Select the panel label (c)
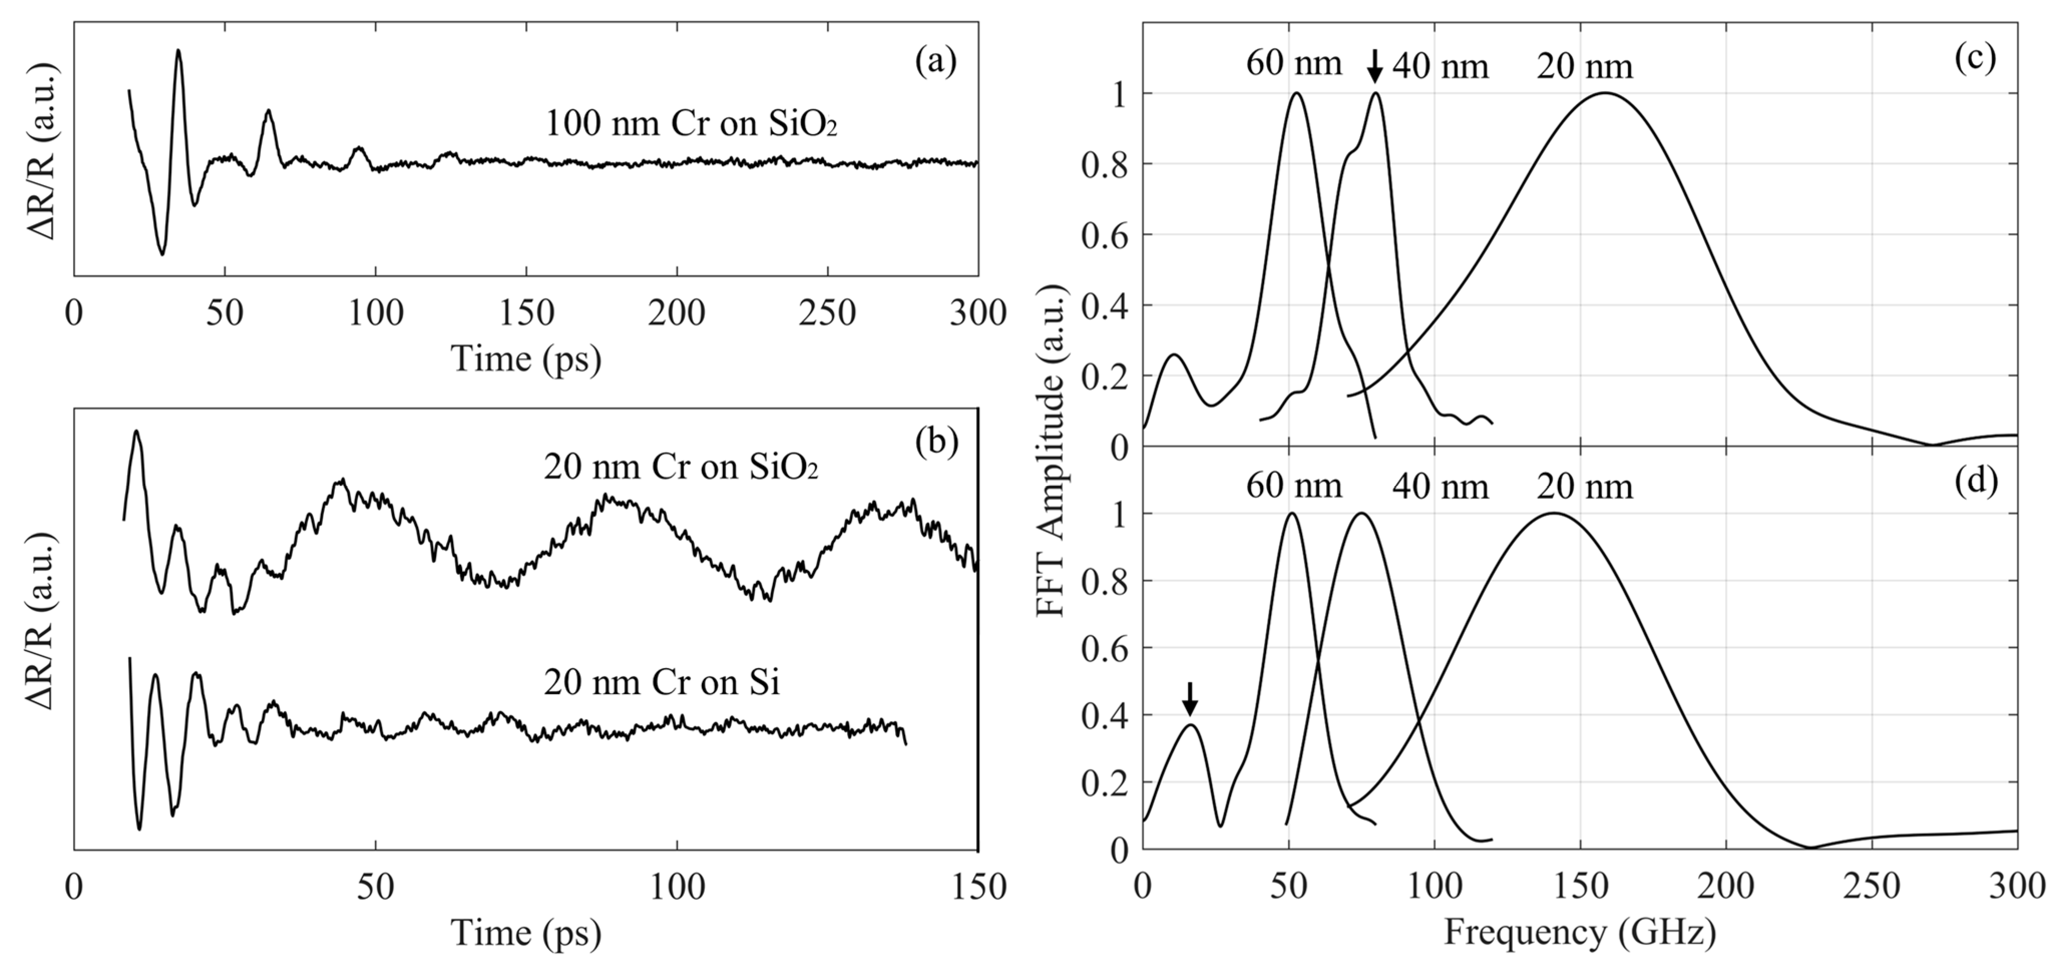click(1974, 58)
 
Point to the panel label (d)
click(1974, 480)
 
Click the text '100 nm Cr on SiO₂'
click(691, 125)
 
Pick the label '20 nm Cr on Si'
click(661, 683)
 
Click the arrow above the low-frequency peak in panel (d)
click(1190, 699)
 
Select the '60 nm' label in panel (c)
click(1293, 64)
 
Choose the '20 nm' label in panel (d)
click(1584, 486)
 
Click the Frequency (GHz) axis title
click(1579, 932)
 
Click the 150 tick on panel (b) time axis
click(978, 887)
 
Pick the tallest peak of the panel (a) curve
click(178, 51)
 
